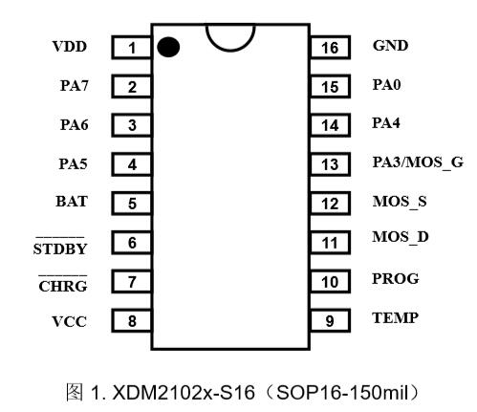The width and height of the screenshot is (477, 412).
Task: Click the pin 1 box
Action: click(x=131, y=48)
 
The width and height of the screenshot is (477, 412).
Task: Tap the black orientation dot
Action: click(x=168, y=47)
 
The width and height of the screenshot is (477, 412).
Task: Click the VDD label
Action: click(x=70, y=47)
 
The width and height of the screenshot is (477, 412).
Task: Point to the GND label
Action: click(x=390, y=46)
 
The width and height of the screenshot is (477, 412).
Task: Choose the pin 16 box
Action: click(x=330, y=48)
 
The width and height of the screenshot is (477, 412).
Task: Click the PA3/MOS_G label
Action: click(x=418, y=163)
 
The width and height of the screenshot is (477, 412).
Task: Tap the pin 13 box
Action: click(x=330, y=164)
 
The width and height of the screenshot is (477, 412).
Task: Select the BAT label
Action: click(x=72, y=202)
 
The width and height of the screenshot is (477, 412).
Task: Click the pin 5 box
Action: click(x=131, y=204)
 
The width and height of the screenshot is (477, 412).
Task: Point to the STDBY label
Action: click(x=60, y=249)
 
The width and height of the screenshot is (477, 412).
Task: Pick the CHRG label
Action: click(x=63, y=286)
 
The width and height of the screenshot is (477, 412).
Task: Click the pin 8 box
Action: click(x=131, y=320)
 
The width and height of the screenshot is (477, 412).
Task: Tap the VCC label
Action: click(x=69, y=321)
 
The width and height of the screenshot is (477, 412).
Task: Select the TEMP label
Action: click(x=395, y=318)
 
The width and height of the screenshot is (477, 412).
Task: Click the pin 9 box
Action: click(x=330, y=320)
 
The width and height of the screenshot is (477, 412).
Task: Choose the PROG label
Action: click(x=396, y=279)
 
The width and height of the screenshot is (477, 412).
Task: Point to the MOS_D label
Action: click(x=401, y=237)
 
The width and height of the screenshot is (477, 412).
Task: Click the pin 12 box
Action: click(x=330, y=204)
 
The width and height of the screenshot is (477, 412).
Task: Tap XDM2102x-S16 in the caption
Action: click(x=184, y=392)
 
